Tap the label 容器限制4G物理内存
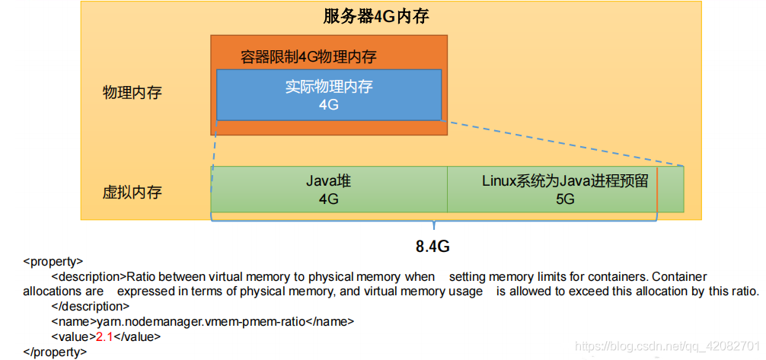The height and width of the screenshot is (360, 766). tap(308, 57)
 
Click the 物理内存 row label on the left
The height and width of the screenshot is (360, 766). tap(132, 93)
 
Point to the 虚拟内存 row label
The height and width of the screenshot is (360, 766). tap(132, 192)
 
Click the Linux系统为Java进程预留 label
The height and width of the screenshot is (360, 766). tap(564, 181)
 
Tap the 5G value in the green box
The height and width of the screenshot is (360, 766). tap(564, 199)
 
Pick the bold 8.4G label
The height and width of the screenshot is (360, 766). tap(434, 247)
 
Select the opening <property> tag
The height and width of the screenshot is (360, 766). tap(53, 261)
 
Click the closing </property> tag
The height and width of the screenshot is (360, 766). tap(56, 352)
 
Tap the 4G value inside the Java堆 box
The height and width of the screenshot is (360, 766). tap(328, 199)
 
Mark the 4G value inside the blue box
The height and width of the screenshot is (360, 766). tap(328, 105)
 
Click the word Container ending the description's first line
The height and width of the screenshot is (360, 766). tap(679, 276)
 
